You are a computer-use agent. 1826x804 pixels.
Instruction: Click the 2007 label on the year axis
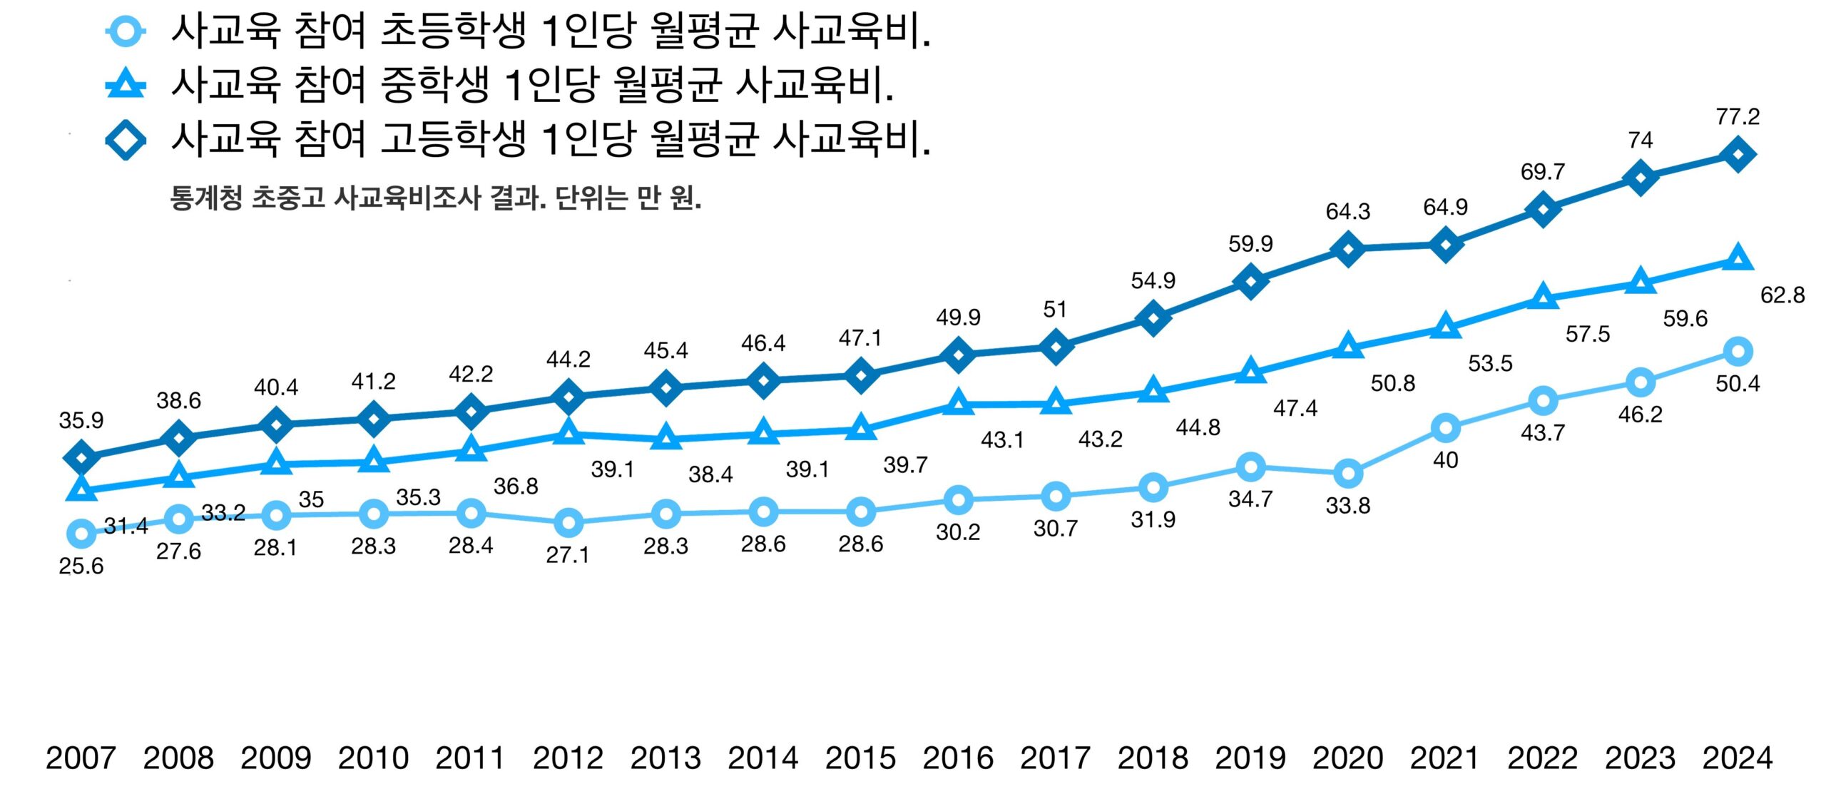click(x=81, y=758)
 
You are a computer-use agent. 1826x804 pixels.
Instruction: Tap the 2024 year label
click(x=1738, y=758)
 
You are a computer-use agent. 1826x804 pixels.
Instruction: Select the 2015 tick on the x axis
click(x=860, y=758)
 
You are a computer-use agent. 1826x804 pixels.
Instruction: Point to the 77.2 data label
click(x=1738, y=116)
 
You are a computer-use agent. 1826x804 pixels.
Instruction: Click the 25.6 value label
click(x=81, y=566)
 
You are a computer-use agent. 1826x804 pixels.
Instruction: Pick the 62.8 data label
click(x=1782, y=295)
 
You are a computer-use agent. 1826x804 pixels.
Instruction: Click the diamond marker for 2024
click(x=1738, y=154)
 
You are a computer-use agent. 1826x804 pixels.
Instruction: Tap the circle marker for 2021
click(x=1445, y=428)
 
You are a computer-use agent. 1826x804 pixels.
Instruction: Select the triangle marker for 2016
click(x=958, y=404)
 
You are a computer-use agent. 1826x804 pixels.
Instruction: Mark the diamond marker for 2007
click(x=81, y=457)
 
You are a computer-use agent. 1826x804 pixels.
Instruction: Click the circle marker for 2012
click(x=568, y=523)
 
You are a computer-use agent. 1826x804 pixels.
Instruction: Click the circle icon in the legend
click(x=126, y=31)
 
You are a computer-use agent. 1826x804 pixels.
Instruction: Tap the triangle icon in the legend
click(x=126, y=85)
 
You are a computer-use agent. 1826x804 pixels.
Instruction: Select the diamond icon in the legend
click(x=126, y=139)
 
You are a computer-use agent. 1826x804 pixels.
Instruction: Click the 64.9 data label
click(x=1445, y=208)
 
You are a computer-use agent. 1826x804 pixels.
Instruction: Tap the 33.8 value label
click(x=1347, y=506)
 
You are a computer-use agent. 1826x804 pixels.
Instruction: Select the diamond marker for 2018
click(x=1153, y=317)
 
